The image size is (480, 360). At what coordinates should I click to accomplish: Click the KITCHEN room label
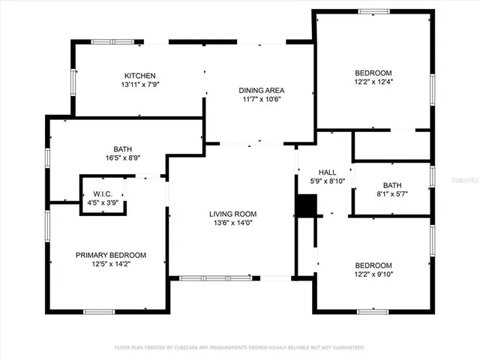139,76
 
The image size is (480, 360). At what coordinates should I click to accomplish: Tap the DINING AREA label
262,90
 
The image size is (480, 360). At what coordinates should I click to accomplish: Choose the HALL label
327,172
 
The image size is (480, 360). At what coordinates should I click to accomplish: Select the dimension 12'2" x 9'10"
373,274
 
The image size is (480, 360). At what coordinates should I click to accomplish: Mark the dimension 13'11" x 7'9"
139,85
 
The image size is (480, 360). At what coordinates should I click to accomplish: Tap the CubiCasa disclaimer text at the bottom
239,347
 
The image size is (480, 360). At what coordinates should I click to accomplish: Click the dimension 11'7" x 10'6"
262,99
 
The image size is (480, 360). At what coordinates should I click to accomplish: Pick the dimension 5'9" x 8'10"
327,181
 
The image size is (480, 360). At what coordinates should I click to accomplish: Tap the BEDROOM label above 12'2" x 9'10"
373,265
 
